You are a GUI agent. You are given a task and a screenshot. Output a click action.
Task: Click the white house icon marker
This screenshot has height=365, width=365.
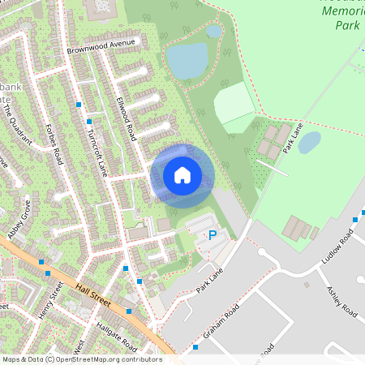click(182, 174)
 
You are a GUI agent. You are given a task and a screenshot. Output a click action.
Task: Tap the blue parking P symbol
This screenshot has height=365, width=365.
click(213, 235)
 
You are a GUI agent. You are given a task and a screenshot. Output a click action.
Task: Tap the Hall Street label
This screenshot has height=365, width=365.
click(92, 294)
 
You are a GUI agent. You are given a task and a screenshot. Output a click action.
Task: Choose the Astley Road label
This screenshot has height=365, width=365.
click(341, 302)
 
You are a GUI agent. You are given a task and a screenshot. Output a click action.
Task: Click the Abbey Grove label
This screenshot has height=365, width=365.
click(19, 219)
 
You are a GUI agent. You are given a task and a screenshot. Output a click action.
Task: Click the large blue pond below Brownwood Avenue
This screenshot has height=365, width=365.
click(187, 60)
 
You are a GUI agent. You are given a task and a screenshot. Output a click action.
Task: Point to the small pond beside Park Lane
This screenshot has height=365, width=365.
click(309, 143)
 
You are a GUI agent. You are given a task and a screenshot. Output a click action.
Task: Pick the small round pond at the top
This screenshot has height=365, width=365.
click(214, 31)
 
